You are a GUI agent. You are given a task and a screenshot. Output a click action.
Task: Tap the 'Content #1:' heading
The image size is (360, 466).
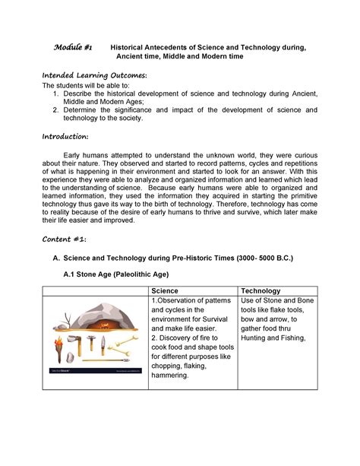[64, 238]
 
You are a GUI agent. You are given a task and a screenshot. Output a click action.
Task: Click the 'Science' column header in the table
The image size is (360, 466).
[166, 291]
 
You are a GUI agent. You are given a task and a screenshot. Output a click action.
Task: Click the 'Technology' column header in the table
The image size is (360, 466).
[261, 291]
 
